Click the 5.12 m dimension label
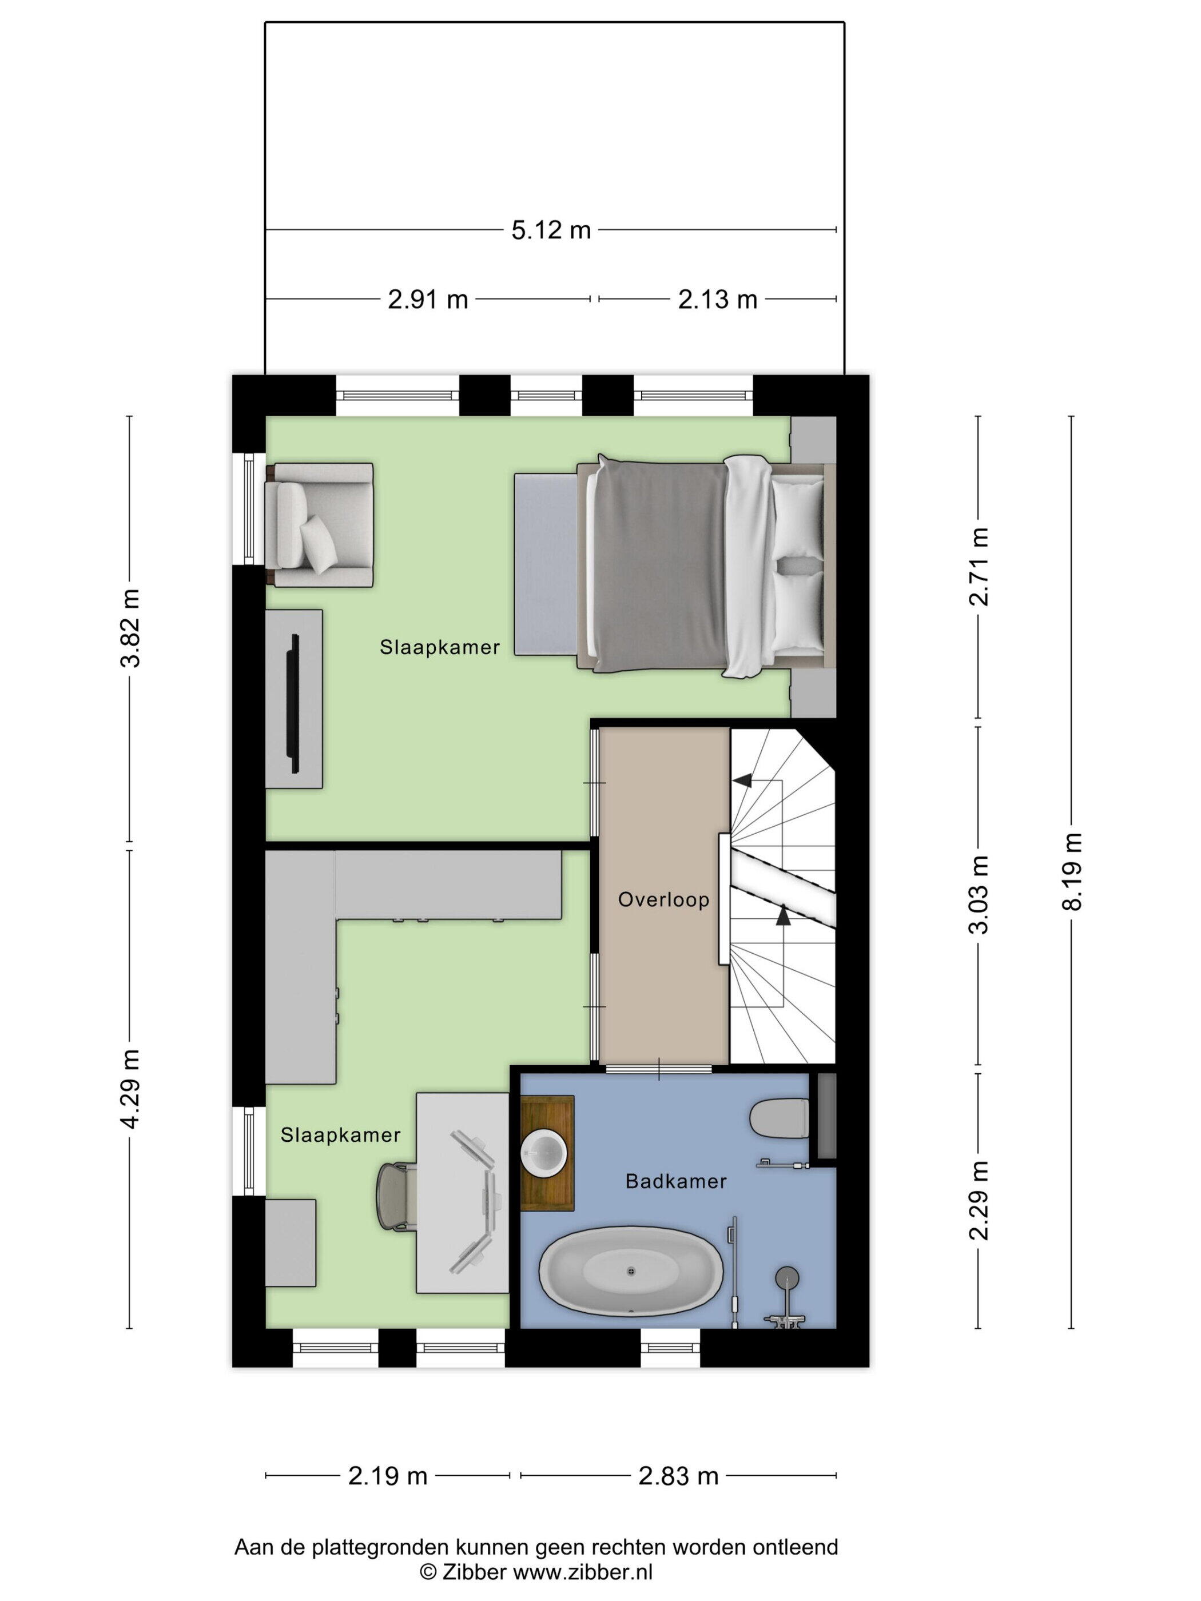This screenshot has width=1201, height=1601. (x=551, y=230)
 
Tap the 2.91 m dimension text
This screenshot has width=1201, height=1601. (x=428, y=299)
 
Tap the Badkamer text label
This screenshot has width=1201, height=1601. (x=675, y=1181)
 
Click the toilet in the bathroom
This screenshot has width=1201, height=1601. (x=779, y=1118)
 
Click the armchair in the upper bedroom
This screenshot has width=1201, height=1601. (x=319, y=525)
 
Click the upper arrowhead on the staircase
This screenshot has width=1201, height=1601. (x=741, y=779)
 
